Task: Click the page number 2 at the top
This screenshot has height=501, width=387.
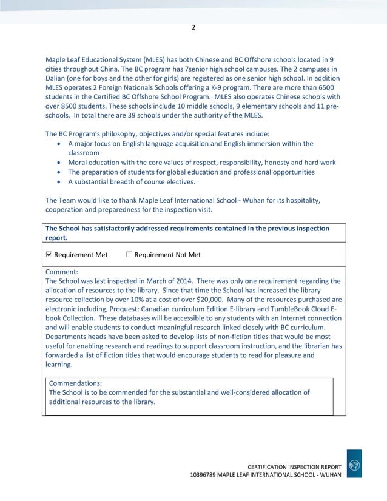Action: tap(193, 27)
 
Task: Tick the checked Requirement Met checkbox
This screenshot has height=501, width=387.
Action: tap(49, 255)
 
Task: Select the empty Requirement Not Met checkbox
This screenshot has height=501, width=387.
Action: tap(129, 255)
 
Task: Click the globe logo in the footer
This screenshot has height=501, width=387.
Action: tap(355, 465)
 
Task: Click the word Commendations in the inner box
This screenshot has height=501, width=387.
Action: tap(75, 383)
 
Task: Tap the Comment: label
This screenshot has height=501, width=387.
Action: tap(61, 272)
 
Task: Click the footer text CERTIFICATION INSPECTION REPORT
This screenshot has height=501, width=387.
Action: tap(294, 465)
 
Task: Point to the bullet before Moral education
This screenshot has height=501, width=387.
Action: tap(58, 163)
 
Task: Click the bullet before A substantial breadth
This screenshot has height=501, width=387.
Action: tap(58, 182)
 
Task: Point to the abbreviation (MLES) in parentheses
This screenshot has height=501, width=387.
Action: tap(161, 59)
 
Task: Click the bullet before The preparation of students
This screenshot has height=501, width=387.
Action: tap(58, 172)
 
